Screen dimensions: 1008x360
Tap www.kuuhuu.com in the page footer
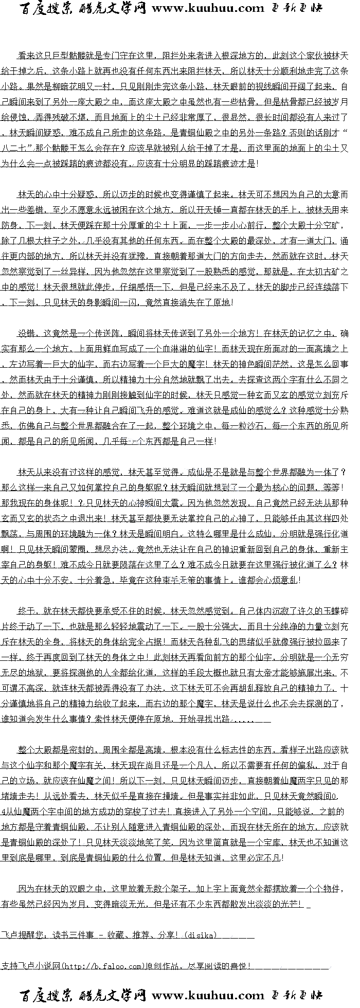(x=208, y=996)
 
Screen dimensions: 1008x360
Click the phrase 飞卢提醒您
(x=21, y=935)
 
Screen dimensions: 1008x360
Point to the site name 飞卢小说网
(x=38, y=966)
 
